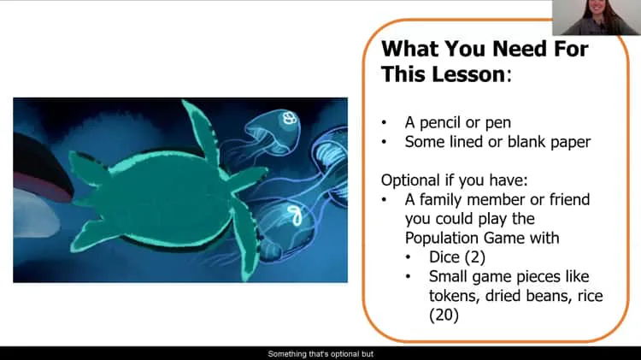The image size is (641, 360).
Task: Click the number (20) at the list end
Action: point(445,316)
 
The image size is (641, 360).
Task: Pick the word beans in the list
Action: point(535,296)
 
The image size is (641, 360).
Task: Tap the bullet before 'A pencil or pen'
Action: point(386,123)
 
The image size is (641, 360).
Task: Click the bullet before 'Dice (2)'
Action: point(410,257)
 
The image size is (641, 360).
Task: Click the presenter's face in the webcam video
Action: point(595,11)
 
